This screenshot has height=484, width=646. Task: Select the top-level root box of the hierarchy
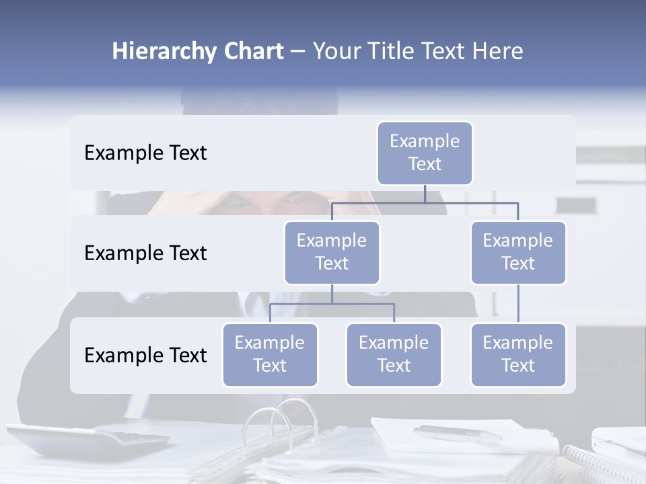425,153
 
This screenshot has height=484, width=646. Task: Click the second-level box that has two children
332,252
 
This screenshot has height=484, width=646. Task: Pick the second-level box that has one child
518,252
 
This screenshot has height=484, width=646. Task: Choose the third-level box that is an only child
518,354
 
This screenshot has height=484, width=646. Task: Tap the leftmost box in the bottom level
270,354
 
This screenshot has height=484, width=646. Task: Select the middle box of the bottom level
394,354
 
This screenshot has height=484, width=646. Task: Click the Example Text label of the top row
145,153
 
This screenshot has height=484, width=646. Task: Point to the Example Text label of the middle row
145,253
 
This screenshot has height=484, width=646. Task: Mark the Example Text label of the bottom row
145,355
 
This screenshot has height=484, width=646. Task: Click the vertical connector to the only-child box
518,304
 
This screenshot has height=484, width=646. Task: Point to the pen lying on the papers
458,433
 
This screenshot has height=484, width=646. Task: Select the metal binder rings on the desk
279,420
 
